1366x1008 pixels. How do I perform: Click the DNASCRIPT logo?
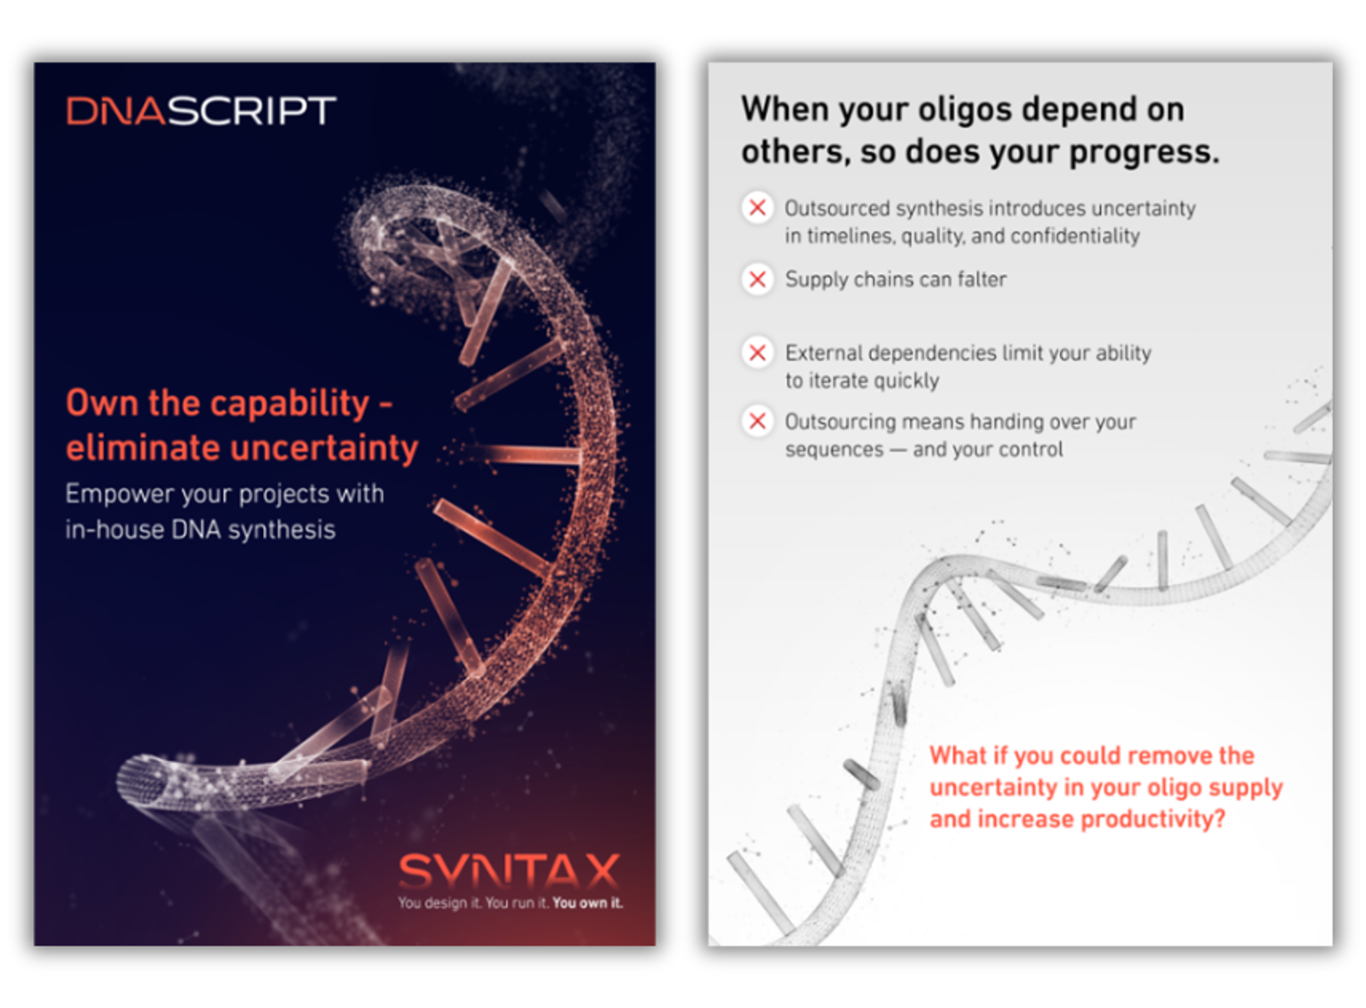pyautogui.click(x=201, y=111)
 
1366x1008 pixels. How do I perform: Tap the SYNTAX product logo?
pyautogui.click(x=509, y=871)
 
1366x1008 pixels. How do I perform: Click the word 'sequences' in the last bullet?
pyautogui.click(x=835, y=450)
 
